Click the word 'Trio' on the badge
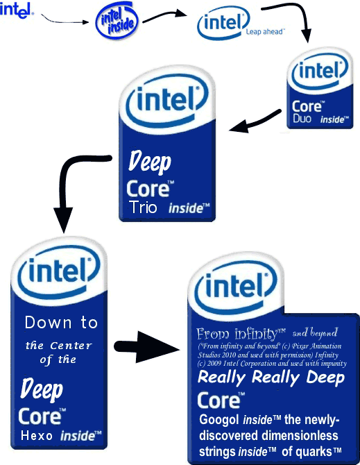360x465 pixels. (x=143, y=207)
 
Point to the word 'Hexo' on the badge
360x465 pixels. (x=37, y=436)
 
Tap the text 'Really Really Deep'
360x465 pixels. (x=271, y=378)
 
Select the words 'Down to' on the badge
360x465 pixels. (x=61, y=322)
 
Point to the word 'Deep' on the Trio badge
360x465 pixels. (x=150, y=163)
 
